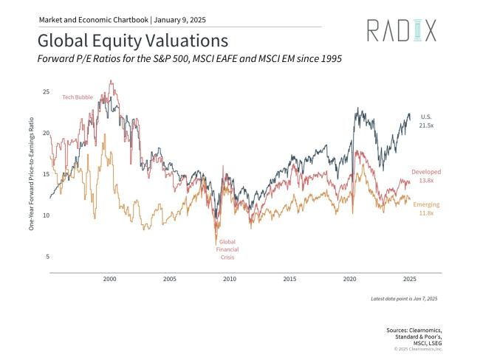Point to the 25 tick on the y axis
click(46, 92)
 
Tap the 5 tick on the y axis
click(47, 257)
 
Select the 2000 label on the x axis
click(109, 280)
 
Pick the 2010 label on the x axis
click(230, 280)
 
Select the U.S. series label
click(426, 117)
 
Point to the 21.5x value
click(426, 126)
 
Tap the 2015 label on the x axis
click(289, 280)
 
